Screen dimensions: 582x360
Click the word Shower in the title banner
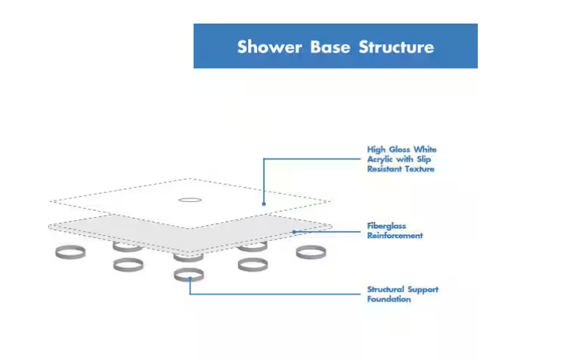point(270,47)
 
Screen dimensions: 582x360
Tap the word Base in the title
point(330,47)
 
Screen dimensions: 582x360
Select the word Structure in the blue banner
point(396,47)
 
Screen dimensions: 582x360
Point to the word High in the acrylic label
point(375,150)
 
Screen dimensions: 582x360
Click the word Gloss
point(399,150)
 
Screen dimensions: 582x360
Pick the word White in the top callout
point(425,150)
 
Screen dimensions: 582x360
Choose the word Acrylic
point(380,160)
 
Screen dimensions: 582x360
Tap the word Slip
point(423,160)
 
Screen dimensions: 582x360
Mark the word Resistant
point(384,169)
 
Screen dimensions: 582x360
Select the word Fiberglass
point(387,226)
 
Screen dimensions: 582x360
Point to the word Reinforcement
point(395,236)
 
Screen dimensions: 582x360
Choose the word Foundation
point(389,299)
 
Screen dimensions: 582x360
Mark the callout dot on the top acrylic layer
point(264,204)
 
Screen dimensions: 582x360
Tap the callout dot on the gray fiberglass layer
point(294,232)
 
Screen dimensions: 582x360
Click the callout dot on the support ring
point(190,278)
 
